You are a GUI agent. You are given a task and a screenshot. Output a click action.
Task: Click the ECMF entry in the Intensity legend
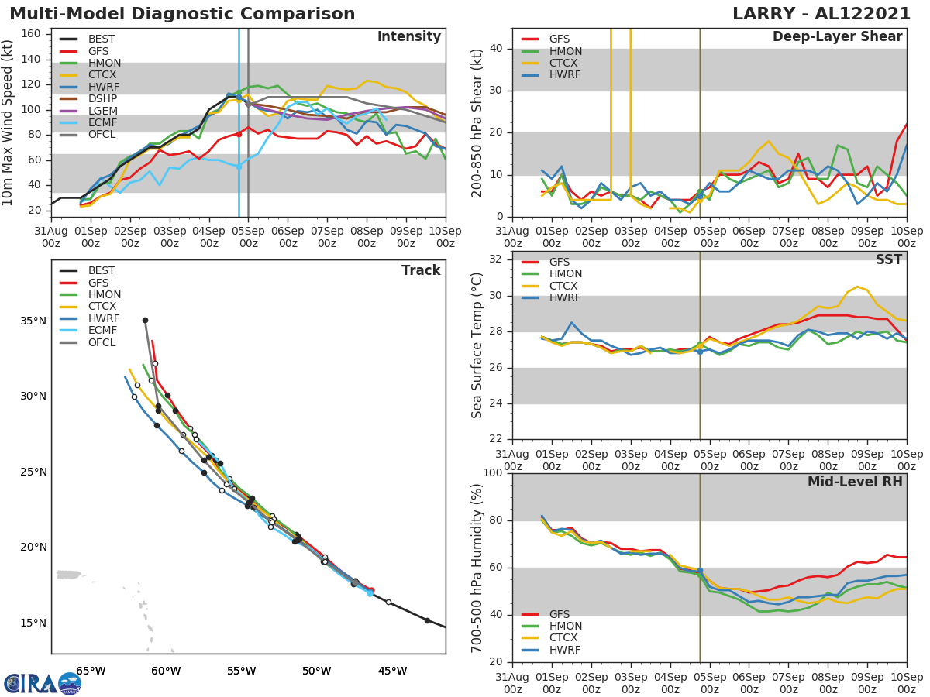pos(102,122)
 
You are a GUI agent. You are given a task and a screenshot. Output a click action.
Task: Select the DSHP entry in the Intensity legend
pos(102,98)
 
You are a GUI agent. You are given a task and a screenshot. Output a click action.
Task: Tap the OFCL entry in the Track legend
pos(102,342)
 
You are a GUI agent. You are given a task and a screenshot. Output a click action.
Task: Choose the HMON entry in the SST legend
pos(565,274)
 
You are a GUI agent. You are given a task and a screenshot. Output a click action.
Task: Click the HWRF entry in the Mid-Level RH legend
pos(565,650)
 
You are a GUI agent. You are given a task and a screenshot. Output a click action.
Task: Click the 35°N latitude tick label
pos(33,321)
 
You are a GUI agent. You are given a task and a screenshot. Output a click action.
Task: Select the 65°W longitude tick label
pos(91,671)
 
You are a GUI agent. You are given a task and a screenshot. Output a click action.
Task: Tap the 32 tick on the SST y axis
pos(495,259)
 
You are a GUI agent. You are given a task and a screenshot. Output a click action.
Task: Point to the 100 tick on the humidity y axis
pos(492,473)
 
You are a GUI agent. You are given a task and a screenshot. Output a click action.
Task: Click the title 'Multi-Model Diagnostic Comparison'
pos(182,14)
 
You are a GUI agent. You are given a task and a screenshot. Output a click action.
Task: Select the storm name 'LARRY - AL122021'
pos(827,14)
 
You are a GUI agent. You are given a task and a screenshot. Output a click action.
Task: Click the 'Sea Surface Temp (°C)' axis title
pos(477,345)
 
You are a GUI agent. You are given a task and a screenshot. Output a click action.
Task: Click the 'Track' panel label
pos(421,270)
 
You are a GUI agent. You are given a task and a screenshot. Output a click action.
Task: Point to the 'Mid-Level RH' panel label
pos(855,482)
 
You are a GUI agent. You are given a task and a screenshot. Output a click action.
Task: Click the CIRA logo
pos(43,684)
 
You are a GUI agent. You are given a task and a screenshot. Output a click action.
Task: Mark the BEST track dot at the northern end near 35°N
pos(145,320)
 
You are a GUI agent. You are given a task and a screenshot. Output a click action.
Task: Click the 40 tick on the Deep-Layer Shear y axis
pos(495,49)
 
